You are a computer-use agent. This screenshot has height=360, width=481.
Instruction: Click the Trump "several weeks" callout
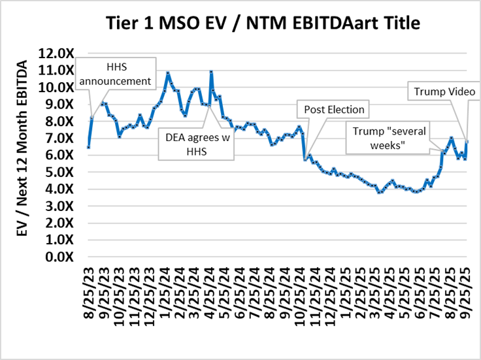pos(389,137)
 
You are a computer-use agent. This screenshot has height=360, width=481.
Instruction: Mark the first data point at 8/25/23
pos(88,147)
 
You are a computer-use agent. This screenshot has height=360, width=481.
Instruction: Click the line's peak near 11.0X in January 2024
pos(168,73)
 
